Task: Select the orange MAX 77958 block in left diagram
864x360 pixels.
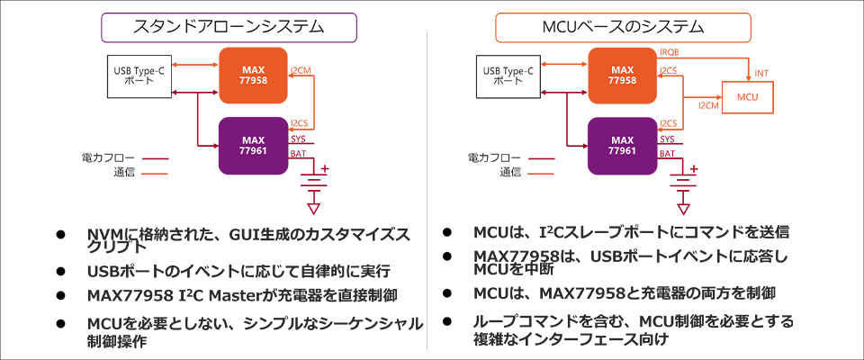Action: point(255,73)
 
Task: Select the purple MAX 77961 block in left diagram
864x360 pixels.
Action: point(255,146)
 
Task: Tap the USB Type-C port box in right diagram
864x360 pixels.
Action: point(508,75)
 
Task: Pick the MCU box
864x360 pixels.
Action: point(748,97)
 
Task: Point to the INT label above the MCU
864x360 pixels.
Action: point(761,74)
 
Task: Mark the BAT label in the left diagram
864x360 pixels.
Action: point(298,154)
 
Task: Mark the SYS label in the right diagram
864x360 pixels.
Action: point(667,139)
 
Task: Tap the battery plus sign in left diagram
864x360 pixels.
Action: point(326,169)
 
